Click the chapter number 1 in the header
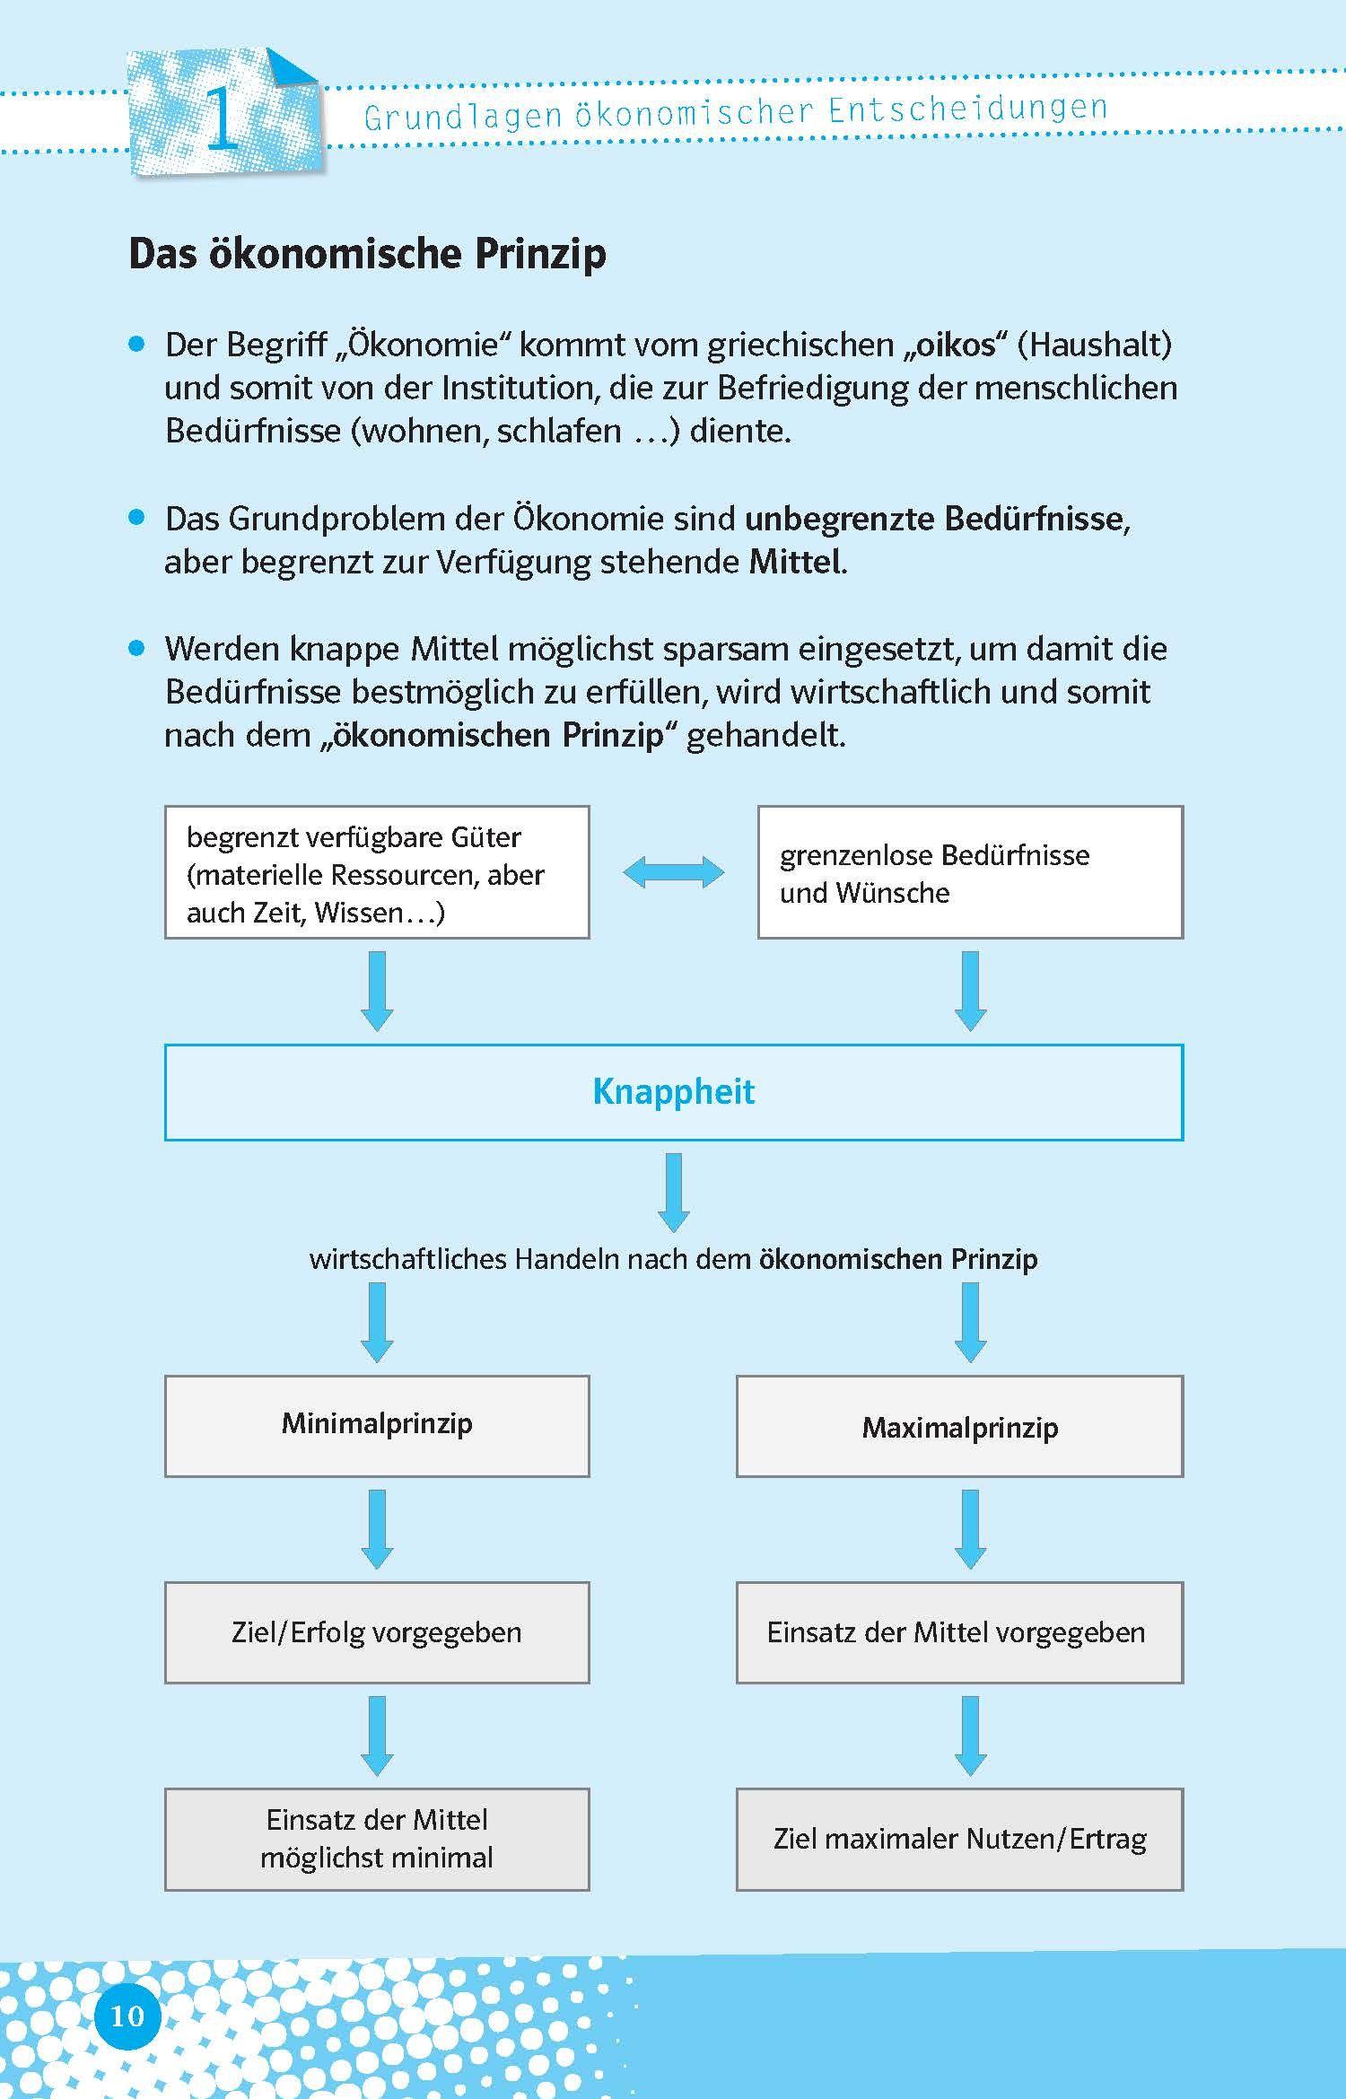click(222, 116)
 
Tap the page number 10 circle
click(127, 2016)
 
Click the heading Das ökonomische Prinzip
click(367, 254)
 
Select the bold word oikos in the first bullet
click(957, 345)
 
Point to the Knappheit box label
click(674, 1092)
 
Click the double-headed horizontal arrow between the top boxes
click(673, 872)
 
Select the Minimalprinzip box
click(377, 1426)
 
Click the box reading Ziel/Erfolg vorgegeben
click(377, 1632)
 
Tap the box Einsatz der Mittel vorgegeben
click(959, 1632)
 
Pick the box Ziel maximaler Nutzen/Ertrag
click(959, 1839)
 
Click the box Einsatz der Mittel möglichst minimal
click(377, 1839)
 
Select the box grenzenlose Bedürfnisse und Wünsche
click(970, 873)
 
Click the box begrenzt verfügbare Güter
click(377, 873)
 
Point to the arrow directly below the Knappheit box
click(674, 1192)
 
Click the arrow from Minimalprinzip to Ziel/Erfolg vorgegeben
click(377, 1529)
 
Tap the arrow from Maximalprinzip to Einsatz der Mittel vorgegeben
click(970, 1529)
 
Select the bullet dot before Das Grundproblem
click(137, 518)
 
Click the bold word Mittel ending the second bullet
click(795, 563)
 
